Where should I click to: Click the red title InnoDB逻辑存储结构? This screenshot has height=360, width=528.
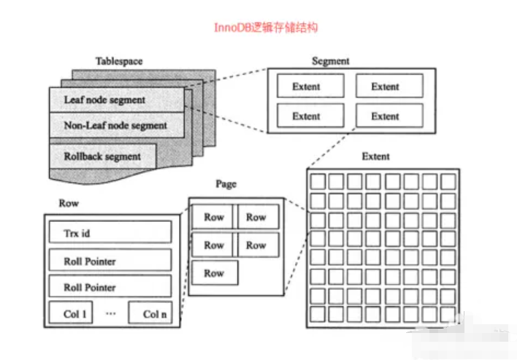coord(265,28)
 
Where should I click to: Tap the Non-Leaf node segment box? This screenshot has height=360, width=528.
coord(115,126)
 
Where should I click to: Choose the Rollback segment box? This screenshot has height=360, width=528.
coord(102,156)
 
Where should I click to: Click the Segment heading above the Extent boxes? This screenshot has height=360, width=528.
coord(330,61)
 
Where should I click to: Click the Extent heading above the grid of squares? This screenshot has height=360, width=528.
coord(375,156)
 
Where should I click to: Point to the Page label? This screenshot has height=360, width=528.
coord(226,184)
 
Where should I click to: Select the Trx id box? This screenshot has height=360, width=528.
coord(110,233)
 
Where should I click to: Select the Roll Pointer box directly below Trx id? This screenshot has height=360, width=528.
coord(110,261)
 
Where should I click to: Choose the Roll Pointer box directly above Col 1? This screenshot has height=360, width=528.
coord(110,287)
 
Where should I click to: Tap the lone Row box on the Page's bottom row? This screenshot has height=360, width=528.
coord(215,273)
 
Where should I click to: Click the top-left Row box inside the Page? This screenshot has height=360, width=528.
coord(213,217)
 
